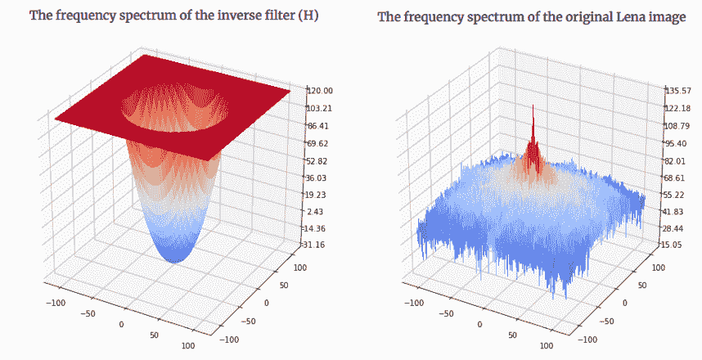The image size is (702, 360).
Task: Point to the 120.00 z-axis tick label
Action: [x=320, y=91]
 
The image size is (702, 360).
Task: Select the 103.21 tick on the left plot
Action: [x=320, y=108]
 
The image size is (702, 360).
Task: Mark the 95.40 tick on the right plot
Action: [x=678, y=143]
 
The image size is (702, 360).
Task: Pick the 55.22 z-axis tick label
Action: [x=678, y=195]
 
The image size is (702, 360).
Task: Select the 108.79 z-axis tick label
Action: [x=678, y=126]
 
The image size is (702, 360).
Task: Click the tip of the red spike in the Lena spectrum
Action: [x=533, y=106]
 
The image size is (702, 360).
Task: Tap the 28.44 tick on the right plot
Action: [x=678, y=228]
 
